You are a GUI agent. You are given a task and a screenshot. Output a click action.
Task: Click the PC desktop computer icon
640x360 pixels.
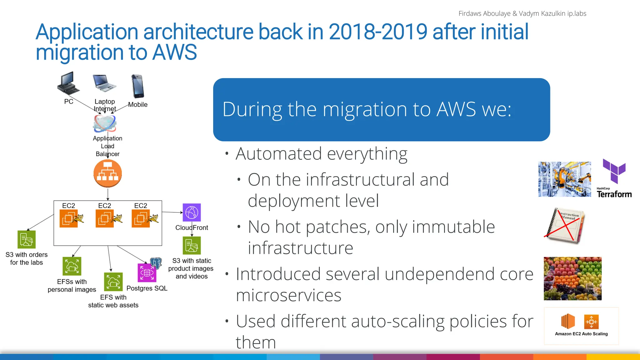[x=68, y=84]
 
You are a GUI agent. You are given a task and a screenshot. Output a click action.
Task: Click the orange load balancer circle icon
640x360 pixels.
[x=107, y=173]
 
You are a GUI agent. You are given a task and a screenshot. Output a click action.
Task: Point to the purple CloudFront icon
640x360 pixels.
[x=192, y=212]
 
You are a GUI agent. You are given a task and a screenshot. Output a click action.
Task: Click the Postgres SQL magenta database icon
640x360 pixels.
[x=147, y=272]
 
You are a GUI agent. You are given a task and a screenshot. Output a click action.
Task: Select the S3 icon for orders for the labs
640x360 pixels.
[x=27, y=239]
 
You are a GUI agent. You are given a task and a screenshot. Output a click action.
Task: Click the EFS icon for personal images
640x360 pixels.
[x=72, y=266]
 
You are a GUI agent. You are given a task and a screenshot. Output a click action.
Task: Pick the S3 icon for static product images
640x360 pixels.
[x=192, y=245]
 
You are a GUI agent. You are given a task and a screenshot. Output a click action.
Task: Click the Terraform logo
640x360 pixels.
[x=614, y=178]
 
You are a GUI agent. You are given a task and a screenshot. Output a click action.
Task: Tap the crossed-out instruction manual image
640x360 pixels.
[x=564, y=226]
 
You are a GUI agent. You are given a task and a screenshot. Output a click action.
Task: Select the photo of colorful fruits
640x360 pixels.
[x=572, y=278]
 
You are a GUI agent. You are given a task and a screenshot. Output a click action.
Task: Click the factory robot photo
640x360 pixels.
[x=564, y=179]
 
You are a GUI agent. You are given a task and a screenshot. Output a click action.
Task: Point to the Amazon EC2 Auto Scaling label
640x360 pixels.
[x=581, y=334]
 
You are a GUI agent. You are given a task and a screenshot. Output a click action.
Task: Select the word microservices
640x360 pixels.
[x=288, y=295]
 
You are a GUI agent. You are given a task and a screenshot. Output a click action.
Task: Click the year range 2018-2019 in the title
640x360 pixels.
[x=378, y=32]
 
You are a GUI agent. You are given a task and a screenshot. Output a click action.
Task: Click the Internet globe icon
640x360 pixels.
[x=105, y=123]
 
